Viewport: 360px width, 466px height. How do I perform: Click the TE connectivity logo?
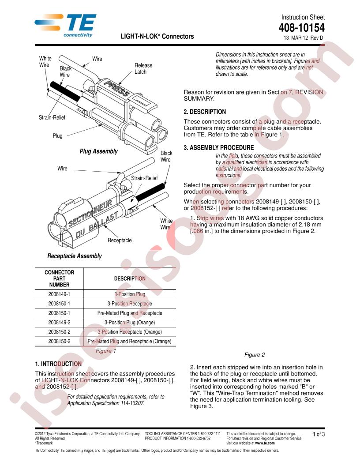pos(65,25)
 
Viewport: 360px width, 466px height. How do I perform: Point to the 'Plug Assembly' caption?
pos(98,151)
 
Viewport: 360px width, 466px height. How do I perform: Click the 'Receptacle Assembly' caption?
pos(74,256)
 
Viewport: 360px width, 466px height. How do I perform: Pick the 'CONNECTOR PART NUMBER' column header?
pos(59,278)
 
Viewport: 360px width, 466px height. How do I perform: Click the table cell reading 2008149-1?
pos(59,294)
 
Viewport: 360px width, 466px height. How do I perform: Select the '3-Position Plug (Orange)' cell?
pos(129,322)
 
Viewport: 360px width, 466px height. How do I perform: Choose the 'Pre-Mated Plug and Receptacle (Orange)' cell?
pos(129,341)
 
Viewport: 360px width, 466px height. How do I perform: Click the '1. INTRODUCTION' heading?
pos(58,364)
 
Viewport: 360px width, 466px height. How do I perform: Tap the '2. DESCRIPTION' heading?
pos(204,112)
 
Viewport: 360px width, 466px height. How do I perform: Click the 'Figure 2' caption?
pos(255,354)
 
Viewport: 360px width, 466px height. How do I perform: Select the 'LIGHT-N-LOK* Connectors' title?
pos(157,37)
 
